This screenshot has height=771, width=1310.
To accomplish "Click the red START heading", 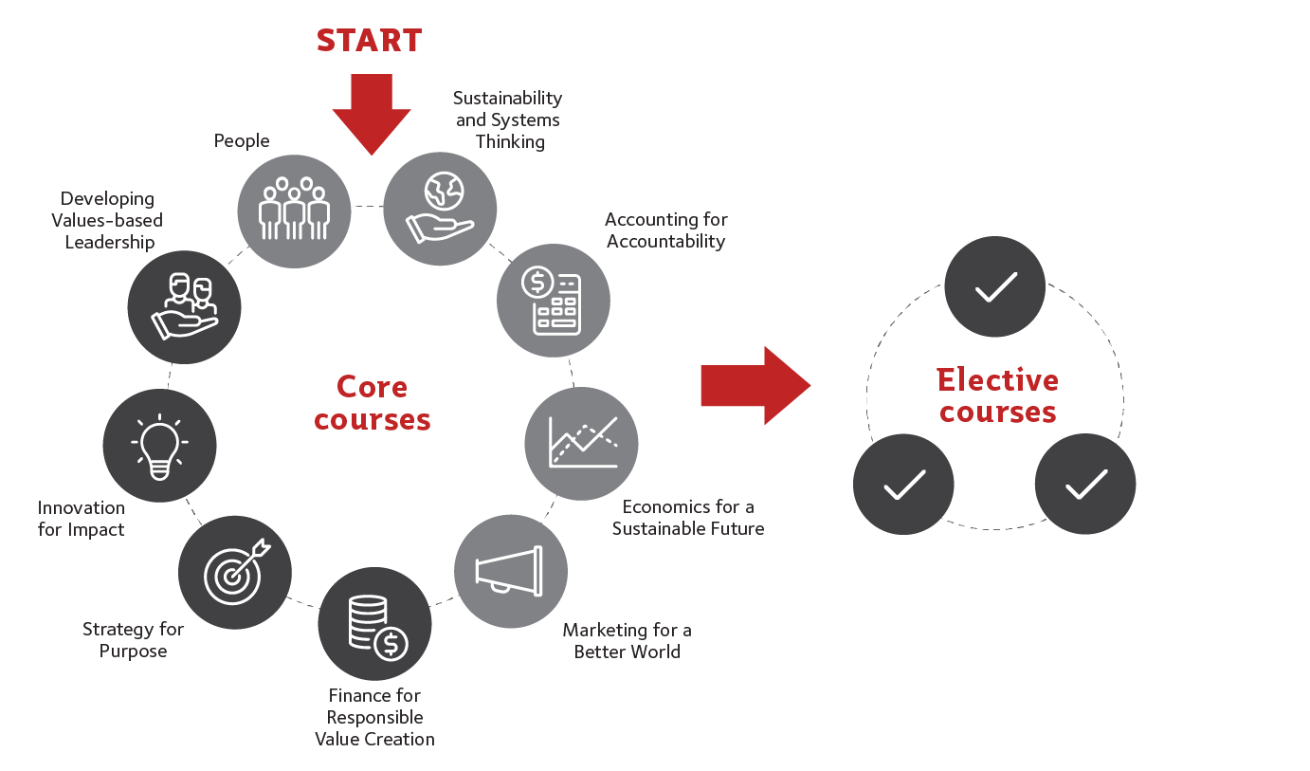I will [x=369, y=40].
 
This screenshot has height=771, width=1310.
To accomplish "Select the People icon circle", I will [x=293, y=211].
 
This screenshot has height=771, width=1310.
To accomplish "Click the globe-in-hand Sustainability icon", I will [x=440, y=208].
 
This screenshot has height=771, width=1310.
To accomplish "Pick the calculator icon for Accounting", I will [x=554, y=300].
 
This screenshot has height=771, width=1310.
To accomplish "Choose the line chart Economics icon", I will [x=581, y=443].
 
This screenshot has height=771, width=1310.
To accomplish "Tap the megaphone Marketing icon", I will [x=510, y=570].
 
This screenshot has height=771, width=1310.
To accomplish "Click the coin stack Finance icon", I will [x=375, y=624].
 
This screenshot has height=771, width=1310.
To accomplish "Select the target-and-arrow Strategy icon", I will [x=235, y=572].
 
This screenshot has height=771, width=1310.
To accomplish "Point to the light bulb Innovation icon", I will [x=159, y=444].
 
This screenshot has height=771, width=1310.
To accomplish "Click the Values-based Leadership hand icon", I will [x=184, y=307].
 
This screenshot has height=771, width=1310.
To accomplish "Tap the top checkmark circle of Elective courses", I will [x=994, y=286].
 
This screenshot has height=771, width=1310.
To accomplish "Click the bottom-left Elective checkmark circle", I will [x=903, y=485].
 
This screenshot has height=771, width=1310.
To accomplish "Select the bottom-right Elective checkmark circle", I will [x=1084, y=485].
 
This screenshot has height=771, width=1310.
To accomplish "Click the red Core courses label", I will [x=373, y=403].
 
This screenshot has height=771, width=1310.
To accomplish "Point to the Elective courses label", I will [x=997, y=395].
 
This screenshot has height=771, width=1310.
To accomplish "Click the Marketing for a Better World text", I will [x=627, y=641].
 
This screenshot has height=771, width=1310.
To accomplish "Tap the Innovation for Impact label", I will [x=82, y=519].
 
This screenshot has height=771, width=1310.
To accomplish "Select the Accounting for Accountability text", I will [x=665, y=230].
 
